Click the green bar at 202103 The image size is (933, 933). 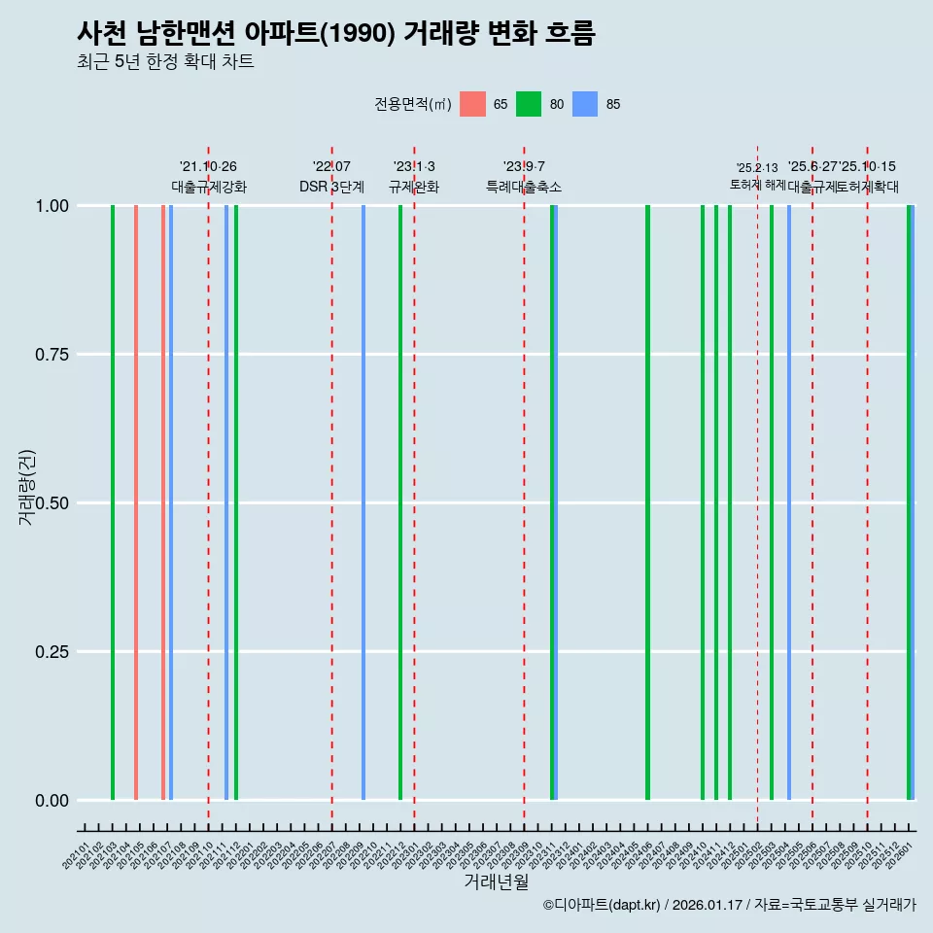tap(113, 502)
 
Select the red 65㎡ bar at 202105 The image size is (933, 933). tap(136, 502)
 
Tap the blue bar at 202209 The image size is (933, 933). tap(363, 502)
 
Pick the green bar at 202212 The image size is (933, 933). tap(400, 502)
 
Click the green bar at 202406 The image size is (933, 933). tap(647, 502)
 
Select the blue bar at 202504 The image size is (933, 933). tap(789, 502)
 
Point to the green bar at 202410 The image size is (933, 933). tap(703, 502)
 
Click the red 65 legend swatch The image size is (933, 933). tap(472, 104)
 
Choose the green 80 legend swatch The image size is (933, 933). tap(529, 104)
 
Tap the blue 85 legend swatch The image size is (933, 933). tap(585, 104)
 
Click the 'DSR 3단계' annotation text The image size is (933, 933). tap(331, 187)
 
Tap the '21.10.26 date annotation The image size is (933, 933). tap(208, 166)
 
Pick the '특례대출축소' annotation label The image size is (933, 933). tap(524, 187)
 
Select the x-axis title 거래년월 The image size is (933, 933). tap(496, 882)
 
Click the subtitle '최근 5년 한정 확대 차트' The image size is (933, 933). tap(165, 61)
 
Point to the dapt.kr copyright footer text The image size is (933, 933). tap(729, 905)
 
